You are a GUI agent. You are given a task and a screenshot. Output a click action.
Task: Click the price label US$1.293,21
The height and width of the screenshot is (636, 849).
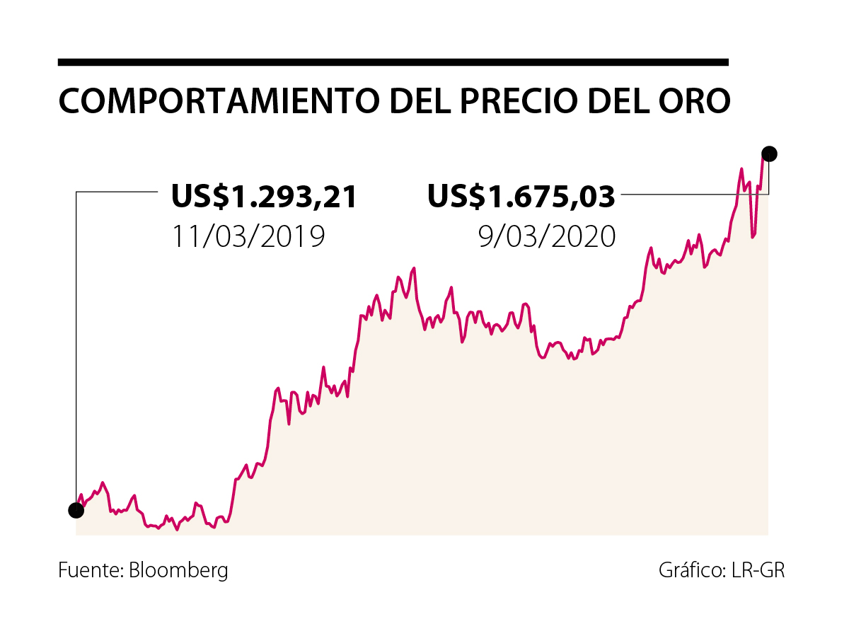265,197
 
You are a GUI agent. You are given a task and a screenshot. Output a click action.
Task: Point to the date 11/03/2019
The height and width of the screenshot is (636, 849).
248,236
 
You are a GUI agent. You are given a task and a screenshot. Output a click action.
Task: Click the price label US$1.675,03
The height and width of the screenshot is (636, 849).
521,197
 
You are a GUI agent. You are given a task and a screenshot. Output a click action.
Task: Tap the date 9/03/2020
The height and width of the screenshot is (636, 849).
546,236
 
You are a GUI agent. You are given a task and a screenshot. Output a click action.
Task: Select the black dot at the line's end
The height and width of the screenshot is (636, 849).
769,154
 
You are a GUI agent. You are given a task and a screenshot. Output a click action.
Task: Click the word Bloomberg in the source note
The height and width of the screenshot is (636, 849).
178,570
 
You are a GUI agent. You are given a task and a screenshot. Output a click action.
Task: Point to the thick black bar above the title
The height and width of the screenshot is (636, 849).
393,62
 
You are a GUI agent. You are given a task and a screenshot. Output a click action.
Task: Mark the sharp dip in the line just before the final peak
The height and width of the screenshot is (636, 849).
752,236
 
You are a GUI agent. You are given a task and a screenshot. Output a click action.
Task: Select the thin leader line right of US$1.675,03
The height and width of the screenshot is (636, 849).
690,193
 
